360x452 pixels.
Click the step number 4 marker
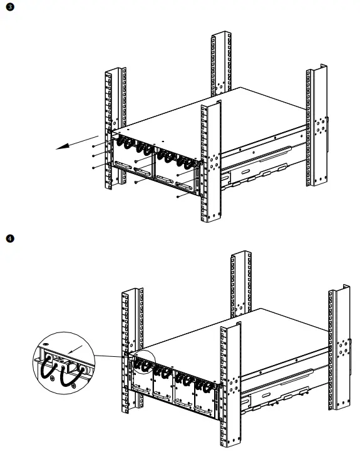tap(9, 239)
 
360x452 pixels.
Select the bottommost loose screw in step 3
tap(178, 197)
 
